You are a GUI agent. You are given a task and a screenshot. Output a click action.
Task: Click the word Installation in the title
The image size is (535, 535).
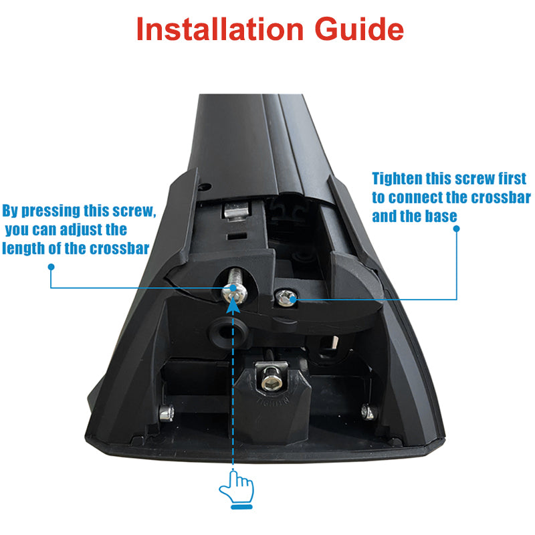point(220,29)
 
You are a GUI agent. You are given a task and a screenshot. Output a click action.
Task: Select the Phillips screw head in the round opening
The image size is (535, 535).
point(234,294)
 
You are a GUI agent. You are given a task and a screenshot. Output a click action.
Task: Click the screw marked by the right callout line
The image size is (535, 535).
point(285,298)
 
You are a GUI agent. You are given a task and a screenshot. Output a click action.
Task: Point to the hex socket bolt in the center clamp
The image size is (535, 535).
point(271,382)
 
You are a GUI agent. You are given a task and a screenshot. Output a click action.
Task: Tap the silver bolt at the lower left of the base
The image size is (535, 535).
point(167,413)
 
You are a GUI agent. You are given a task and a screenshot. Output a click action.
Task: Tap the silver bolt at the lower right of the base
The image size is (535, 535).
point(369,412)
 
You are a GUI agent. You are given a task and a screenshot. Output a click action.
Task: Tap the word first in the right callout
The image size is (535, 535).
point(512,179)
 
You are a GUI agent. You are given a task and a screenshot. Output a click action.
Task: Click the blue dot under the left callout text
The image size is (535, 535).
point(51,267)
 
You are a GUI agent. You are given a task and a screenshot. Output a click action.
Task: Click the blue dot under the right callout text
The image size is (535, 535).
point(457,229)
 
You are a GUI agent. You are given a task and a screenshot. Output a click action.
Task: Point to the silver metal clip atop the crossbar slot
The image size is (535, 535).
point(237,210)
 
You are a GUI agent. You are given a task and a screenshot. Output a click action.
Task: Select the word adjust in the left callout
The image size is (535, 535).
point(82,229)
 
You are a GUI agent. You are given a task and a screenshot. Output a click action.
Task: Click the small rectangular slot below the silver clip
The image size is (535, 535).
point(237,236)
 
